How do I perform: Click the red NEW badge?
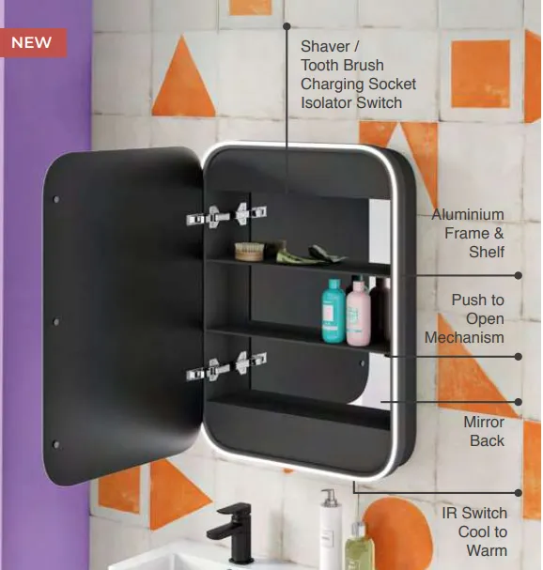33,42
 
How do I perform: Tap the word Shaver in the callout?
325,47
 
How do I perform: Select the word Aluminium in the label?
468,214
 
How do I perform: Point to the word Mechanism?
464,338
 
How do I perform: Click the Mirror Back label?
484,432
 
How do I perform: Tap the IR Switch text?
474,514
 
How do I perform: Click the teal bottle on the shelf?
334,311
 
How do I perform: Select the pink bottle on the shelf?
358,312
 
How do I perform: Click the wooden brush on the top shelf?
249,252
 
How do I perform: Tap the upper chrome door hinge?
226,215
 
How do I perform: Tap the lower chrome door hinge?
226,366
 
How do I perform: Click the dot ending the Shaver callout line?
287,26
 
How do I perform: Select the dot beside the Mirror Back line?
519,402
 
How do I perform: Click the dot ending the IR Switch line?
519,493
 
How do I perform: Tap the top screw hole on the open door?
56,199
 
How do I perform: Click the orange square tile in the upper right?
480,74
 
